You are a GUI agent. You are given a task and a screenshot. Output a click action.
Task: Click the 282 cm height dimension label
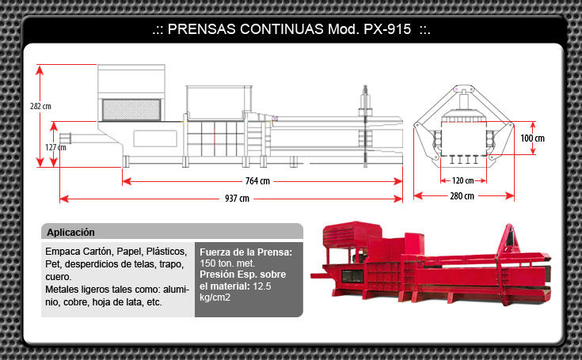(x=40, y=106)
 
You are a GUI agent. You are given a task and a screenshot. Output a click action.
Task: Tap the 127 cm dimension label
(x=55, y=147)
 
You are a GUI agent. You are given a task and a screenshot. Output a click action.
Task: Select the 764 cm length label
(x=257, y=181)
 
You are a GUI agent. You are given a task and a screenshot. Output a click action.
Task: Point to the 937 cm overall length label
(x=237, y=199)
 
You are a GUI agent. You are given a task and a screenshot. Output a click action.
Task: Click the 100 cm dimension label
(x=532, y=138)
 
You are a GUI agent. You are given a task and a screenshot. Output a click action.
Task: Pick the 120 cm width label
(x=462, y=180)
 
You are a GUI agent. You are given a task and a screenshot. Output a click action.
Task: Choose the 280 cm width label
(x=462, y=196)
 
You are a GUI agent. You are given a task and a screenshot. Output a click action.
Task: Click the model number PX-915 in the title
(x=387, y=29)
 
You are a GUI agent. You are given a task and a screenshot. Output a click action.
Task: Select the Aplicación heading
(x=70, y=233)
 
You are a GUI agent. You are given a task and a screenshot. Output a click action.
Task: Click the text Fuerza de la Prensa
(x=245, y=252)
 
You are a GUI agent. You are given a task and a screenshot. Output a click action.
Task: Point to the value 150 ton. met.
(x=227, y=263)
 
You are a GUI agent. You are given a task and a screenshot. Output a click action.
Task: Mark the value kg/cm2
(x=215, y=297)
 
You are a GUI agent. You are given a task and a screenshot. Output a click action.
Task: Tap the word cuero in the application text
(x=59, y=277)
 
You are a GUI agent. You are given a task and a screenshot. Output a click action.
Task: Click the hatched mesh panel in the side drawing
(x=131, y=110)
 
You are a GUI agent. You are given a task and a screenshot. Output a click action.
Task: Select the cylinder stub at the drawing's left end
(x=65, y=138)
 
